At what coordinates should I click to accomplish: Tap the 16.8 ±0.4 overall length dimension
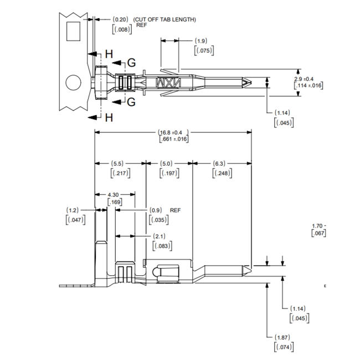point(173,132)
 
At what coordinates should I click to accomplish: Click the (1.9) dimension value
point(202,41)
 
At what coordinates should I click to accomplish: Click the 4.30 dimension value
point(114,194)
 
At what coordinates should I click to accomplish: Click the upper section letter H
point(109,53)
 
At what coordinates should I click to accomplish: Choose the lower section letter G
point(131,102)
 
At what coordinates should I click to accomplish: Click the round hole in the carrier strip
point(73,84)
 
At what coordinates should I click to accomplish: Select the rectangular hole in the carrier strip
point(73,32)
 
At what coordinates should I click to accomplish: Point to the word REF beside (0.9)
point(176,210)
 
